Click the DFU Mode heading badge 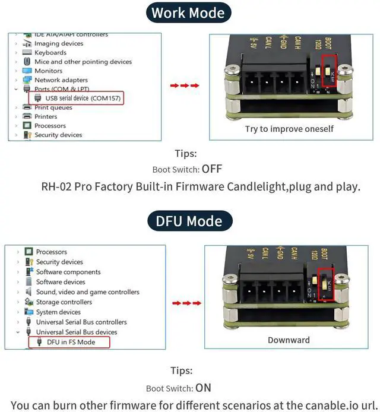(x=189, y=221)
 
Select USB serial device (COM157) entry (x=76, y=98)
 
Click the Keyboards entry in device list (x=50, y=53)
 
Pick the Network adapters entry (x=61, y=80)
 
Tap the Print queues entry (x=53, y=107)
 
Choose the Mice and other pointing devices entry (x=83, y=62)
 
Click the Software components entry (x=68, y=272)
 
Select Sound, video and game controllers (x=87, y=292)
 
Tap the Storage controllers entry (x=64, y=302)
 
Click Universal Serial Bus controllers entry (x=81, y=322)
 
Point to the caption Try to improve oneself (x=289, y=129)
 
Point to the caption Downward (x=289, y=340)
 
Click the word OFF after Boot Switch (x=212, y=169)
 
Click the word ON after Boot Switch (x=203, y=388)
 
